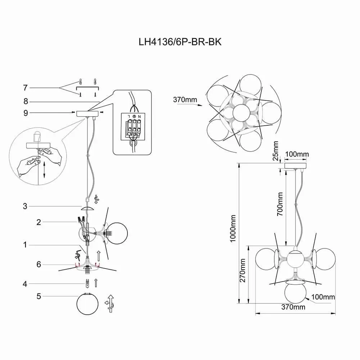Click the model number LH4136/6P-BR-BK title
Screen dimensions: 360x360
(180, 42)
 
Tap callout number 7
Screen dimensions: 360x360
(25, 87)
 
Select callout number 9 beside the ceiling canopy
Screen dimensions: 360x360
(25, 113)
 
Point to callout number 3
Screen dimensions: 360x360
(25, 206)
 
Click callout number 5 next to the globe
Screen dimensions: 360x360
(39, 297)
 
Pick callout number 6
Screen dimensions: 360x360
(39, 265)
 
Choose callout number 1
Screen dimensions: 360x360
(25, 245)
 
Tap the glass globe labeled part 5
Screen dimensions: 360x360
(87, 305)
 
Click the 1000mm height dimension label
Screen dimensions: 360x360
(233, 229)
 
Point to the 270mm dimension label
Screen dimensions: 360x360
(243, 271)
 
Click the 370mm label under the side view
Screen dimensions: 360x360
(293, 307)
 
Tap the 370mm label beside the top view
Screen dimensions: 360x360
(183, 99)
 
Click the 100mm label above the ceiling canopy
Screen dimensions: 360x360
(297, 154)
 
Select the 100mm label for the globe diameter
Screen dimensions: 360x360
(323, 297)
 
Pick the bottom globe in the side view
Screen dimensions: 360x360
(295, 293)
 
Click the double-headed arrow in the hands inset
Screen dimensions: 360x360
(44, 170)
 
